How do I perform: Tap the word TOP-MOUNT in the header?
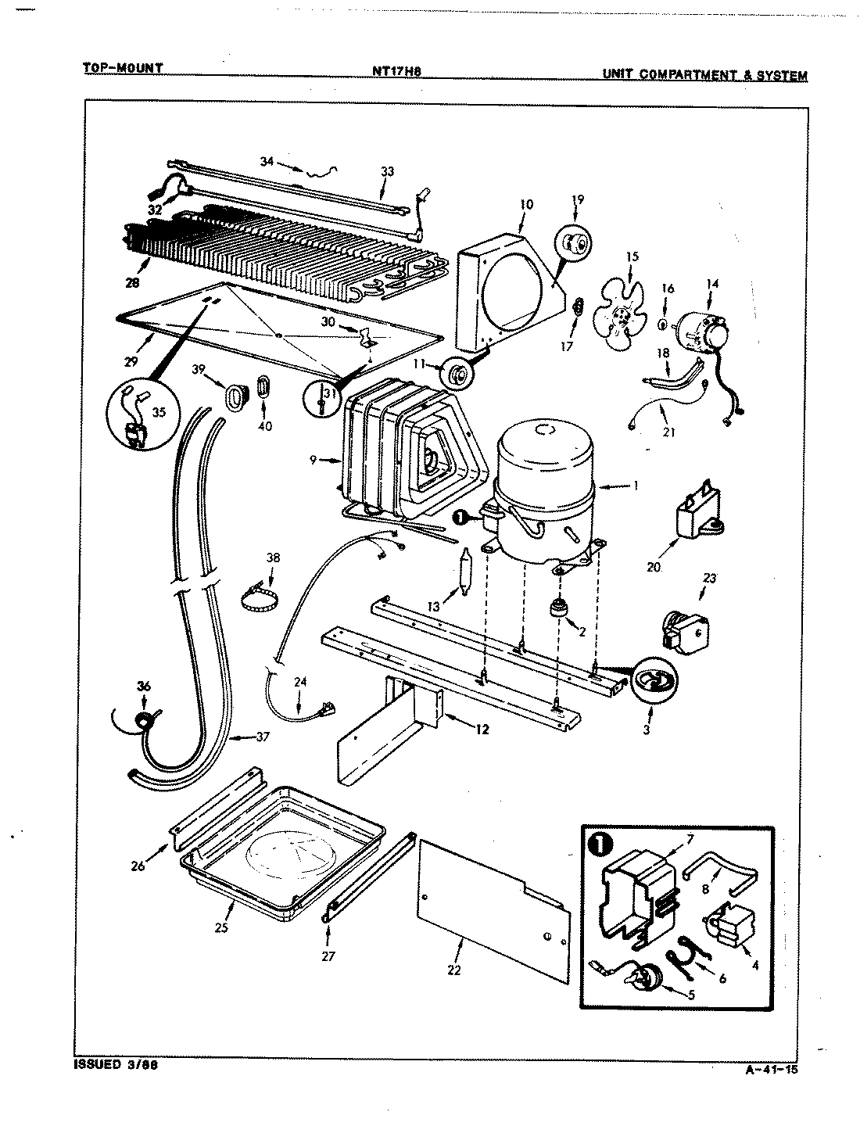(x=123, y=68)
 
